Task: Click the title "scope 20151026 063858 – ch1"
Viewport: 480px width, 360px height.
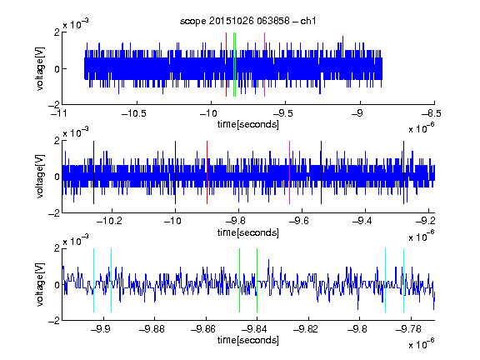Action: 248,21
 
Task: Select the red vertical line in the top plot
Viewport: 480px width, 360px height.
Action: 226,65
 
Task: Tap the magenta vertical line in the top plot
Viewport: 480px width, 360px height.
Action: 264,65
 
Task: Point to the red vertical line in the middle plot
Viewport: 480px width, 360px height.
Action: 207,172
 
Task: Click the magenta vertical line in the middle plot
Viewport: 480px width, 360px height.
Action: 290,172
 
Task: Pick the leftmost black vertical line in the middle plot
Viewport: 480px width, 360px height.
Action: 93,172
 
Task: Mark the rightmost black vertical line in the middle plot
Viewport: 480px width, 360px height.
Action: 404,172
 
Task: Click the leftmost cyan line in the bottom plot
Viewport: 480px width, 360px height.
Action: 93,280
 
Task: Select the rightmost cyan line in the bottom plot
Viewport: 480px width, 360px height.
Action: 404,280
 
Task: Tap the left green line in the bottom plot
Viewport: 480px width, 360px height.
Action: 239,280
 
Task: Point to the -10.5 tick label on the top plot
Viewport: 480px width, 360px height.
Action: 134,113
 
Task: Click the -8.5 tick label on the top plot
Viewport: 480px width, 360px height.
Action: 432,113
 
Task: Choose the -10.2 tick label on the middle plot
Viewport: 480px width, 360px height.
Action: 109,221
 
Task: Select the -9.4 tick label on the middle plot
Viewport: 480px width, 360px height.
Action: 362,221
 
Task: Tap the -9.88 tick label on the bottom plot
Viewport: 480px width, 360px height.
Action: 152,329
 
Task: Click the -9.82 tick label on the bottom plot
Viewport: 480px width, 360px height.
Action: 306,329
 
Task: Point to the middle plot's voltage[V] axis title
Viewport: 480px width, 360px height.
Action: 40,177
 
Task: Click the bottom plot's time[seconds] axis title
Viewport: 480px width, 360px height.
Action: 248,340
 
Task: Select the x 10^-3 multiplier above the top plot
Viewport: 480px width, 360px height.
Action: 76,24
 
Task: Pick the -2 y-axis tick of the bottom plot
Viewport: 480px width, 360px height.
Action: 54,321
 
